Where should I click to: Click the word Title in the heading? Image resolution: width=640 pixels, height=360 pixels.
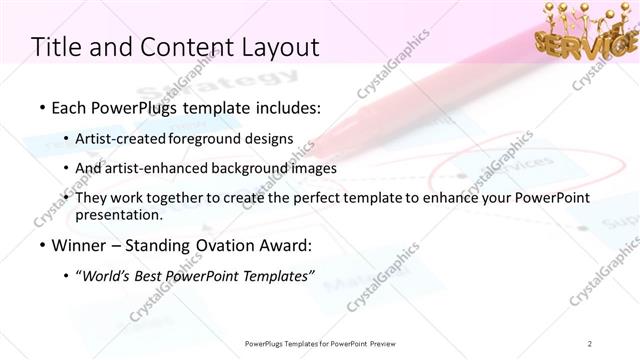tap(58, 46)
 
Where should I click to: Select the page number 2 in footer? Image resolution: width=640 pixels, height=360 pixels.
tap(591, 343)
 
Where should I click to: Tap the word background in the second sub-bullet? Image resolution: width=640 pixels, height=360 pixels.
tap(262, 168)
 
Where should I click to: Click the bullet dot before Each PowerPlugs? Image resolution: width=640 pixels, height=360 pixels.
tap(41, 107)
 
